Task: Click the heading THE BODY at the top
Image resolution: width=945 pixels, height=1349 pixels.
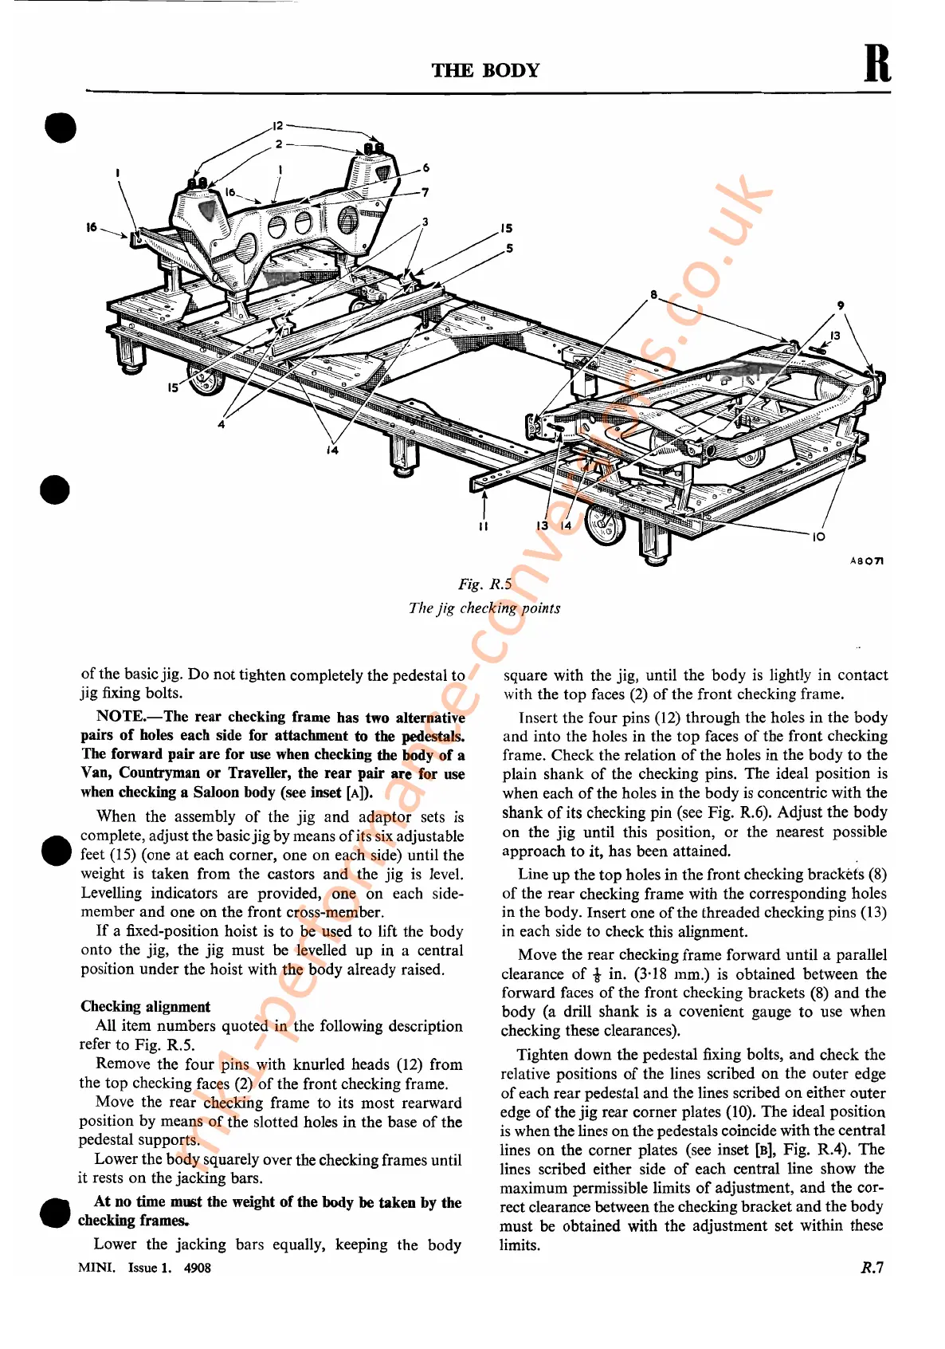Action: [485, 70]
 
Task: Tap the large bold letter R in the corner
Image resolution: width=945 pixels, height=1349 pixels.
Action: [877, 64]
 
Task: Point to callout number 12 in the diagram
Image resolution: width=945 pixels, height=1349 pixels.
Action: [277, 126]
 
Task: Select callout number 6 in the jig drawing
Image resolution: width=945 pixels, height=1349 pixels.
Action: [426, 168]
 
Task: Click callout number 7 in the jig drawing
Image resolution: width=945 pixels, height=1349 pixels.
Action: [425, 192]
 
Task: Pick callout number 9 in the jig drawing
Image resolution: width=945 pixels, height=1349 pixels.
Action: [841, 305]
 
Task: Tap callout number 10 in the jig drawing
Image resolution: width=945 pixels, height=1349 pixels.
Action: [818, 537]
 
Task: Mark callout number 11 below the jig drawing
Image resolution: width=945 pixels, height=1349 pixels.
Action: [483, 526]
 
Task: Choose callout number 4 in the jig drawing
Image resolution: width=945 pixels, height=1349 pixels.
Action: [222, 424]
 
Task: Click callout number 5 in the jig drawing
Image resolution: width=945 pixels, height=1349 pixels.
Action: [509, 249]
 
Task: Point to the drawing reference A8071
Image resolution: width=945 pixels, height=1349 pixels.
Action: [866, 561]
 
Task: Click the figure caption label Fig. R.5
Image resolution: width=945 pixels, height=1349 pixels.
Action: [484, 584]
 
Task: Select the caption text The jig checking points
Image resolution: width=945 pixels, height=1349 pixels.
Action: [484, 608]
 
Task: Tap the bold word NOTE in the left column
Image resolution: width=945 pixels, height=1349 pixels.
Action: [120, 716]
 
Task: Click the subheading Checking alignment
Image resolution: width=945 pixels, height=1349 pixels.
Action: [145, 1006]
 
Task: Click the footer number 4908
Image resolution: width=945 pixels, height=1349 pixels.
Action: [197, 1268]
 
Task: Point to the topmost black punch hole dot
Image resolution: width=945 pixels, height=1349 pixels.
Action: [61, 128]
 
